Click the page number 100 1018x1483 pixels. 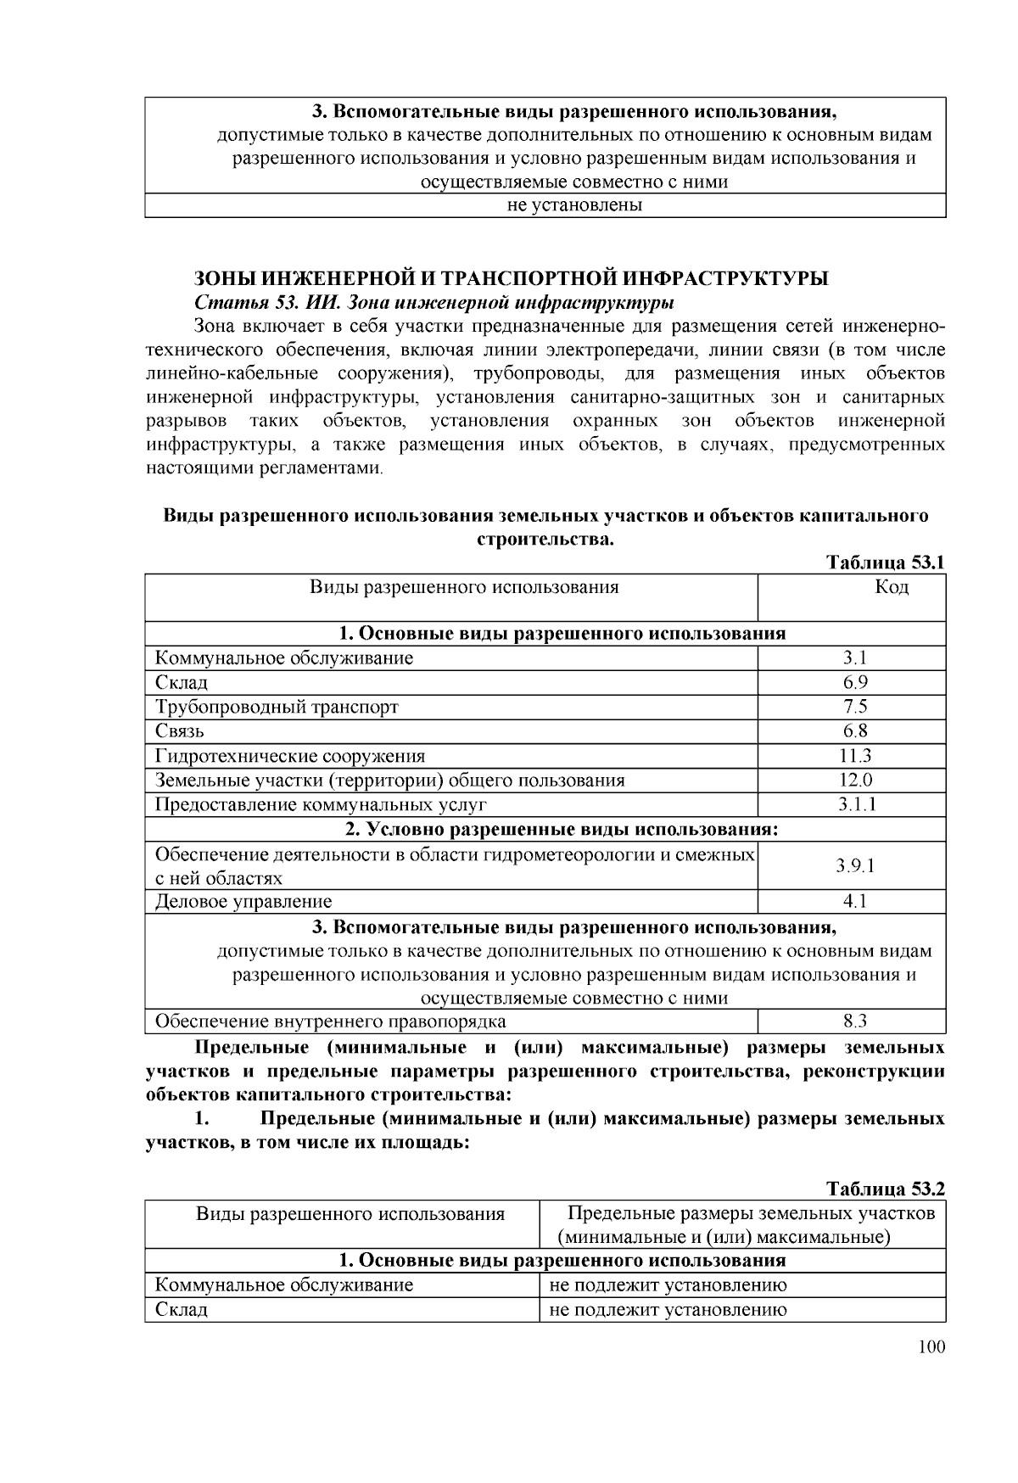(931, 1347)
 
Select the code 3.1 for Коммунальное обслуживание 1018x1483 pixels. (854, 658)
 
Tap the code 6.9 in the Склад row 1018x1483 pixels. (854, 683)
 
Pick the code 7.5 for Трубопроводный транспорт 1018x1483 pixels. (854, 707)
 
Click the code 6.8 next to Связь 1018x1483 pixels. (854, 731)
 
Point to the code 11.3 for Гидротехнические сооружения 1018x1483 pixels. (854, 756)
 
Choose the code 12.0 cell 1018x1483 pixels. (854, 781)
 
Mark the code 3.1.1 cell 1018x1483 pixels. (854, 805)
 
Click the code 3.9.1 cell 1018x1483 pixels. (854, 866)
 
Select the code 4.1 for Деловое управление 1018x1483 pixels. (854, 902)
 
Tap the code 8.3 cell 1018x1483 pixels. (854, 1021)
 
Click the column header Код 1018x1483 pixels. (891, 587)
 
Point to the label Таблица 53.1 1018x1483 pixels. (885, 563)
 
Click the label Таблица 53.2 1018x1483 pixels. (885, 1189)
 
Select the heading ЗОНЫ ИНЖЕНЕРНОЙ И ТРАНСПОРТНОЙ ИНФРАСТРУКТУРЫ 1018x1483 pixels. (511, 279)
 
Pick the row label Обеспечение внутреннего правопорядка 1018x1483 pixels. (331, 1021)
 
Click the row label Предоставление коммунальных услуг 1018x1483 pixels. (321, 805)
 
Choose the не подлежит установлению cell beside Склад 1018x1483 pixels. (668, 1310)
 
